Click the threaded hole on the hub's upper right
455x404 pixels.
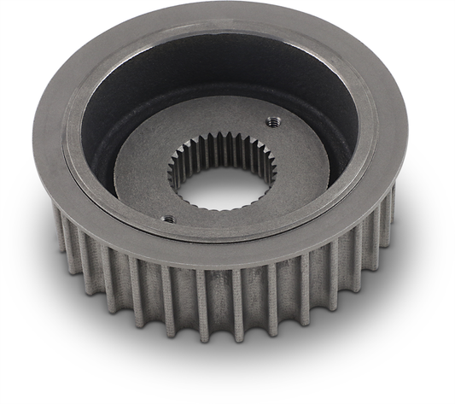click(x=272, y=119)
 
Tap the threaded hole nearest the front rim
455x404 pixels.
click(x=168, y=219)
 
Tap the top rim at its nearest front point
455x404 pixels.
click(x=205, y=256)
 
